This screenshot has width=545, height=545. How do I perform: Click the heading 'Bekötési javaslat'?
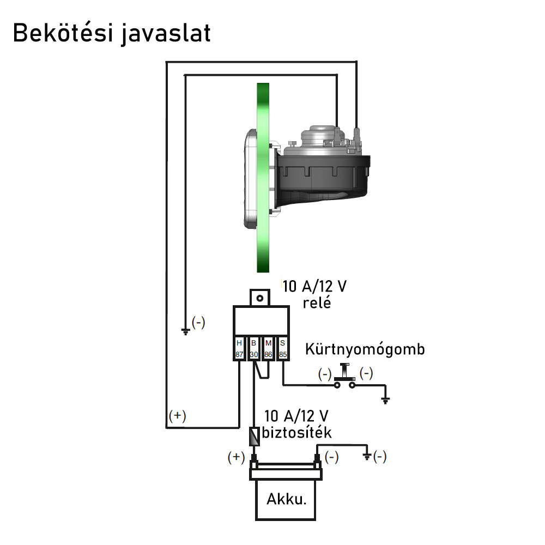pos(111,33)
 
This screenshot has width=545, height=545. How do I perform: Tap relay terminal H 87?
pos(239,348)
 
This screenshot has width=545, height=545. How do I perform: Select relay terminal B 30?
pos(253,348)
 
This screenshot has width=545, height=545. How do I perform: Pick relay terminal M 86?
pos(268,348)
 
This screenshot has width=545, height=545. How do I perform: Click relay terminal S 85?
pos(282,348)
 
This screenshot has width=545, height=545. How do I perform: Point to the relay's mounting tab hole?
pos(261,298)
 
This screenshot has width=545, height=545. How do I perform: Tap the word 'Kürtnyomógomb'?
pos(365,349)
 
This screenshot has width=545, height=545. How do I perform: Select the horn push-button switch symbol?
pos(344,378)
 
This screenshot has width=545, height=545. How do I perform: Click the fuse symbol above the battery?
pos(254,435)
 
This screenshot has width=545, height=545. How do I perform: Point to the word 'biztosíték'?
pos(296,433)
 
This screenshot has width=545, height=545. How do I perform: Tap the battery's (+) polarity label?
pos(236,457)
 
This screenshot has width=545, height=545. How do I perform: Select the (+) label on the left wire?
pos(177,416)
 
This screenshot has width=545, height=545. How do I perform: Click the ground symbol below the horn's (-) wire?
pos(185,330)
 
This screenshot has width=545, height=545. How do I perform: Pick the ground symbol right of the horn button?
pos(386,401)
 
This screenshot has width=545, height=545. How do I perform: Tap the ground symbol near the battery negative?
pos(367,456)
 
